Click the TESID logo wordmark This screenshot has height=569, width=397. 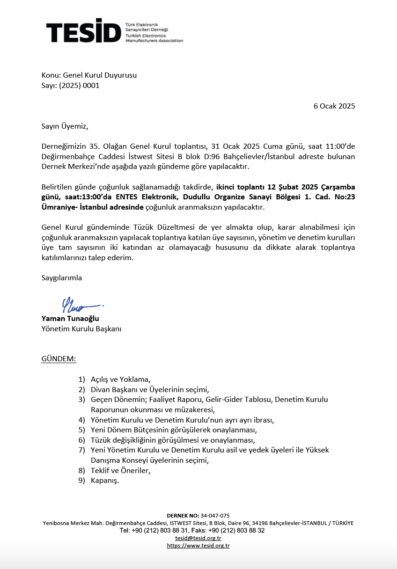83,31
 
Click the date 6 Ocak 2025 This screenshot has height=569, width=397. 334,106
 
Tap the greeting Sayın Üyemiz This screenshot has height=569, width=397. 65,126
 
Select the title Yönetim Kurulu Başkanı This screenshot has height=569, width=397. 81,329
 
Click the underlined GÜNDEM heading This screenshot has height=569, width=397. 59,359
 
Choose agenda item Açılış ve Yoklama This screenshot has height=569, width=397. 120,379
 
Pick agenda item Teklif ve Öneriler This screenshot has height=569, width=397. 120,470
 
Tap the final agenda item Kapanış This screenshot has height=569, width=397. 105,481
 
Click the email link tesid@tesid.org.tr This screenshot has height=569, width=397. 198,538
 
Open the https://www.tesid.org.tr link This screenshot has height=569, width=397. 198,546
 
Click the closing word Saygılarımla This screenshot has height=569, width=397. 62,278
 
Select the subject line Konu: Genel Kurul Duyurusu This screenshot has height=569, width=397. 89,75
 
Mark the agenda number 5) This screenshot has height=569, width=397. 82,430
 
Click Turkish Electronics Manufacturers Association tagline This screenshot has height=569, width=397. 154,38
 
